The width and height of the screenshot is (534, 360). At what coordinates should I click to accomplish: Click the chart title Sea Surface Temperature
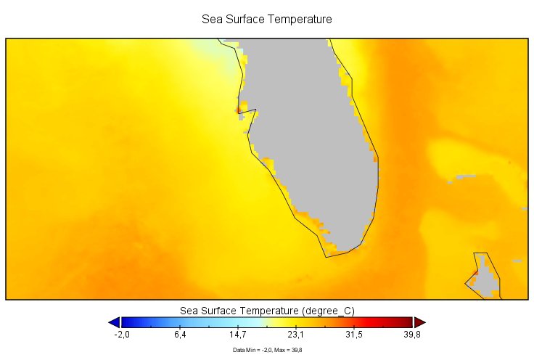266,18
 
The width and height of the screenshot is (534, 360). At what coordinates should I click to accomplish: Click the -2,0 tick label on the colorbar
121,335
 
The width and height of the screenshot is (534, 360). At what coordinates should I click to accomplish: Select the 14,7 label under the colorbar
238,335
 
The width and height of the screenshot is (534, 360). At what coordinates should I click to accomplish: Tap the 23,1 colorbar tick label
296,335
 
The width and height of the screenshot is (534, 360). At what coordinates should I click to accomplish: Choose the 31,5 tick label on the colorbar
354,335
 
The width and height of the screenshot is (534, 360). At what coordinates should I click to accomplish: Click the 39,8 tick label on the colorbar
413,335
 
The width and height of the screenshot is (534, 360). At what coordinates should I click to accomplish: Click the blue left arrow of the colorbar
114,322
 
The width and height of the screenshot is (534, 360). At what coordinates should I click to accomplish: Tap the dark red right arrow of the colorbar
419,322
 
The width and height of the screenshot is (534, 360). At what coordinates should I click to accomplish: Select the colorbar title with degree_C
267,311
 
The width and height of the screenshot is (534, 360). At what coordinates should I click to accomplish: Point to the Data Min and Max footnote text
267,350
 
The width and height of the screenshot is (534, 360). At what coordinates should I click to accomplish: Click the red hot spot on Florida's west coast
239,110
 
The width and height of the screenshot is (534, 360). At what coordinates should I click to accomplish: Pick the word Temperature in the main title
295,18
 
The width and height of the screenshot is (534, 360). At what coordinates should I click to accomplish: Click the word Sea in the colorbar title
189,311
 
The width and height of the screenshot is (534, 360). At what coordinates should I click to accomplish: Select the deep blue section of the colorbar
138,322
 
